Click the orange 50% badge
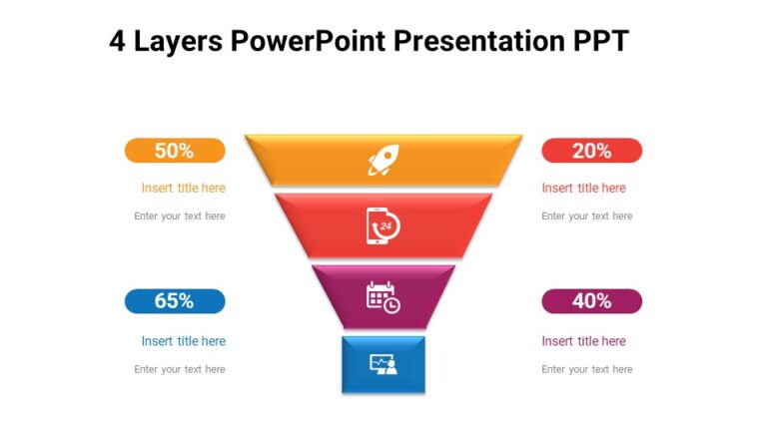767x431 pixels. point(175,151)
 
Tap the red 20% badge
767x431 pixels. point(591,151)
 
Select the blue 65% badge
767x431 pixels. point(175,301)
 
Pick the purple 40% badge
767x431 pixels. point(591,301)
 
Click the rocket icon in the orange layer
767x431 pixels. point(383,160)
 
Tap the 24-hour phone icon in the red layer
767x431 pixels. point(383,225)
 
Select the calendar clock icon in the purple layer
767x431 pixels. point(383,297)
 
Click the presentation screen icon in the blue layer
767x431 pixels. point(383,364)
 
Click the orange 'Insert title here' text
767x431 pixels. point(184,188)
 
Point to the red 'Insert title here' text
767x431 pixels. point(583,188)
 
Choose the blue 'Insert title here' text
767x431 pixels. point(184,341)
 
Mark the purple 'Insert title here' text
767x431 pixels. point(583,341)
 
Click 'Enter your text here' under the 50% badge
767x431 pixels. point(180,216)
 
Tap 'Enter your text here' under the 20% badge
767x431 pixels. point(587,216)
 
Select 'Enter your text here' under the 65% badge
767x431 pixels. point(180,369)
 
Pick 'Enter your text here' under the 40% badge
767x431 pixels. point(587,369)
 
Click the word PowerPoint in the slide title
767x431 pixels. point(309,41)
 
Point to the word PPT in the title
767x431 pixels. point(600,41)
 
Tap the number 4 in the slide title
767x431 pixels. point(119,41)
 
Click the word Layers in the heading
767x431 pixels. point(179,41)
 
